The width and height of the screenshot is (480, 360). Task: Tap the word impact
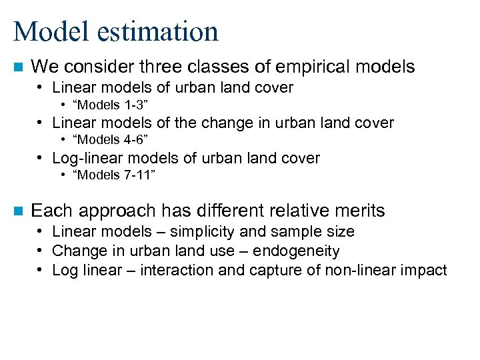pos(425,270)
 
